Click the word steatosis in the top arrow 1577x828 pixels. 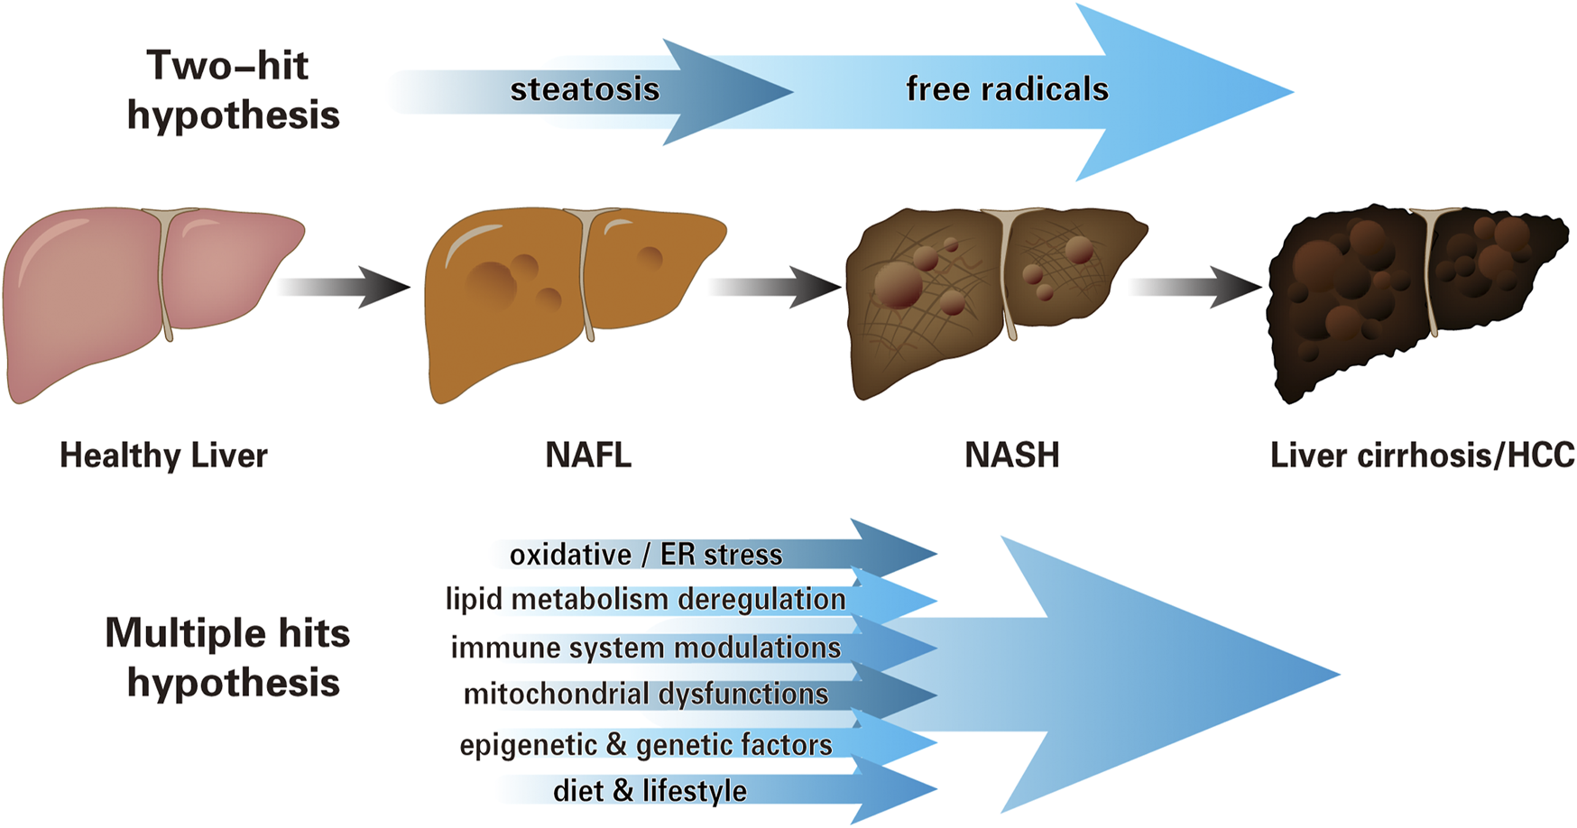coord(585,89)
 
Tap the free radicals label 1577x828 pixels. coord(1007,89)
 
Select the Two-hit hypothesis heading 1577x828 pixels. coord(232,89)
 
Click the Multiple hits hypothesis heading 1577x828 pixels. coord(228,657)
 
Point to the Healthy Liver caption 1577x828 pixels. coord(163,455)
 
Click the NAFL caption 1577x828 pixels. coord(588,455)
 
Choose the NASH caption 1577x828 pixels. coord(1011,455)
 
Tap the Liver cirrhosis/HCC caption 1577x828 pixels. coord(1422,455)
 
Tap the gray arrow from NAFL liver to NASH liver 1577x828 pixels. coord(775,287)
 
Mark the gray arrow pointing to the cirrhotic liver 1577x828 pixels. coord(1195,287)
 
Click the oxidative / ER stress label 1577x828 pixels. coord(646,554)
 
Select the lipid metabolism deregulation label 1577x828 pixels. coord(646,599)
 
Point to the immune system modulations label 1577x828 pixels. coord(646,647)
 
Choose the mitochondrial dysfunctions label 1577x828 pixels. coord(646,694)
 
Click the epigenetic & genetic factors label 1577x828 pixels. coord(646,744)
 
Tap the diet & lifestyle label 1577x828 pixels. coord(650,790)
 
